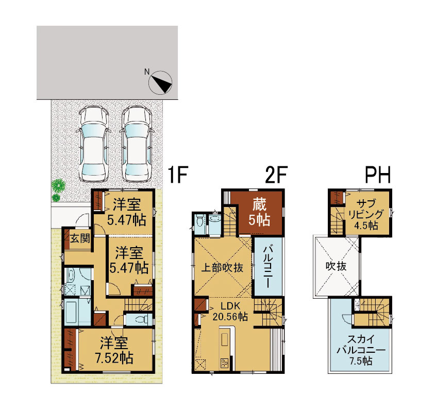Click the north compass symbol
tap(160, 82)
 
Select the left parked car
tap(93, 144)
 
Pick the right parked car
tap(137, 144)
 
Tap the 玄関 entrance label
tap(80, 238)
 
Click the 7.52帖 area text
tap(114, 358)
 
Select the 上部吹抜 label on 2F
tap(222, 268)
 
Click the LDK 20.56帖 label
tap(230, 311)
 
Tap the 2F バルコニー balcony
tap(268, 266)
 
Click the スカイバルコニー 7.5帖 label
tap(361, 350)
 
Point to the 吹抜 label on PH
tap(336, 266)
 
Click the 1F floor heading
tap(178, 175)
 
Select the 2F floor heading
tap(276, 175)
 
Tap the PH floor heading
tap(378, 175)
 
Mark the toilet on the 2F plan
tap(199, 221)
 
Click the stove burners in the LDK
tap(224, 363)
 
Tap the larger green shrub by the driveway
tap(58, 185)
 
